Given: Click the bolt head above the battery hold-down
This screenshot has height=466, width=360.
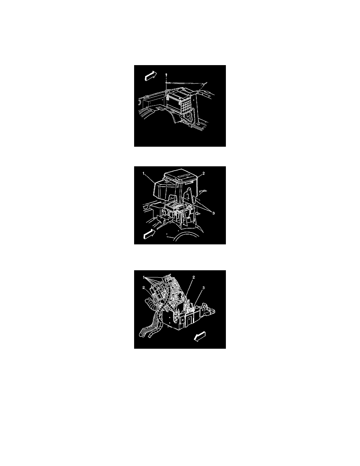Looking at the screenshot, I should pyautogui.click(x=166, y=74).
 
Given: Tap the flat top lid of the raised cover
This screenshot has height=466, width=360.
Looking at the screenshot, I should pyautogui.click(x=179, y=176).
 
